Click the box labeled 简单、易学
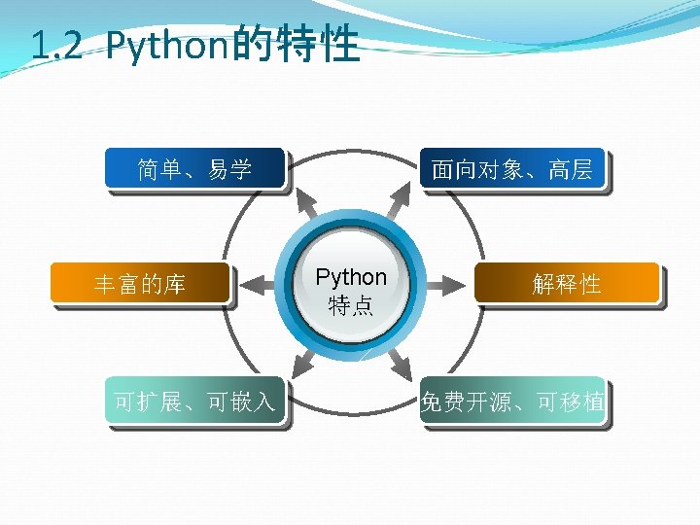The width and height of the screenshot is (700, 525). click(x=194, y=170)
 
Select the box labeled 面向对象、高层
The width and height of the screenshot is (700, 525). click(x=511, y=170)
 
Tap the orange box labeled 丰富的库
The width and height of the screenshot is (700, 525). click(x=140, y=284)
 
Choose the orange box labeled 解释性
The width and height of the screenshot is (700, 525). click(x=566, y=284)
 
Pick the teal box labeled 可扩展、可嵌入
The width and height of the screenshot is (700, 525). click(x=194, y=400)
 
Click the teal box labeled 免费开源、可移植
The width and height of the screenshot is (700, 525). click(x=511, y=400)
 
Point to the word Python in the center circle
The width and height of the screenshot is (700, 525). click(x=351, y=277)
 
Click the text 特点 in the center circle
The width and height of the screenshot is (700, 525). click(x=351, y=305)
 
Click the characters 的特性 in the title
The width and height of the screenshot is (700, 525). click(x=296, y=45)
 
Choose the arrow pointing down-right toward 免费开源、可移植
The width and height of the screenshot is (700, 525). click(x=398, y=364)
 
